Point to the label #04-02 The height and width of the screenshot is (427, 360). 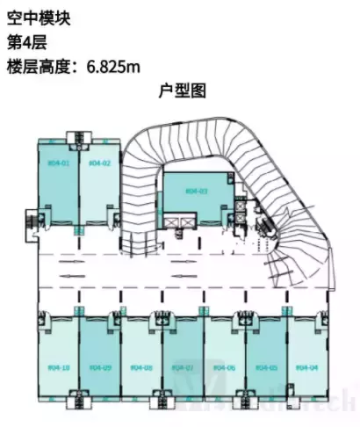99,163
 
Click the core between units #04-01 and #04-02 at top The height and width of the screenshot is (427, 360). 78,137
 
